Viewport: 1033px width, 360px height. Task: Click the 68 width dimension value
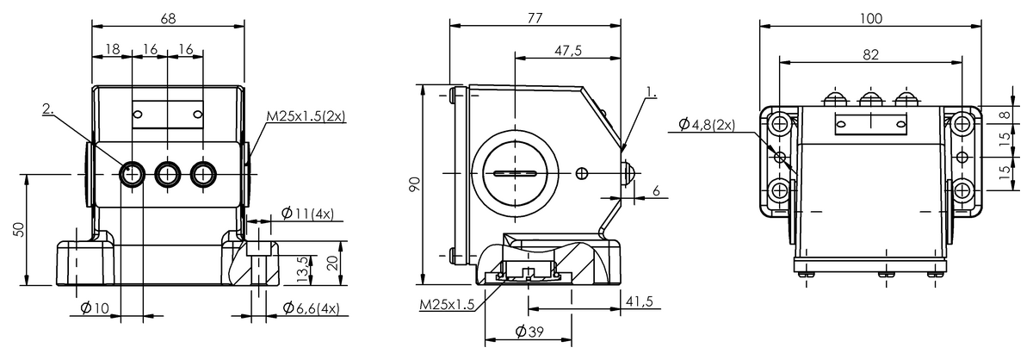[168, 16]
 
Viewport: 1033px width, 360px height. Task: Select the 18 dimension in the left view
[112, 51]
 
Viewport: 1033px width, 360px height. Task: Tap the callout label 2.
[49, 109]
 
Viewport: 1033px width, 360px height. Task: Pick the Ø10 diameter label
[95, 308]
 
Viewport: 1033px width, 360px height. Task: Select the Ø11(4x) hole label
[311, 213]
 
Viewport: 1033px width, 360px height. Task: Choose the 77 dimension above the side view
[535, 16]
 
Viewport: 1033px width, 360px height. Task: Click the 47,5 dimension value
[568, 51]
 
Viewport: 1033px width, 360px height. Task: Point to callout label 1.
[652, 90]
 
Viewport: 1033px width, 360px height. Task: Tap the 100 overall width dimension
[871, 16]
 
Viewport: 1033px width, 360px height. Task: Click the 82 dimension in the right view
[870, 53]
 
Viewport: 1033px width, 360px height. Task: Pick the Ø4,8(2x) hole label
[706, 125]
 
